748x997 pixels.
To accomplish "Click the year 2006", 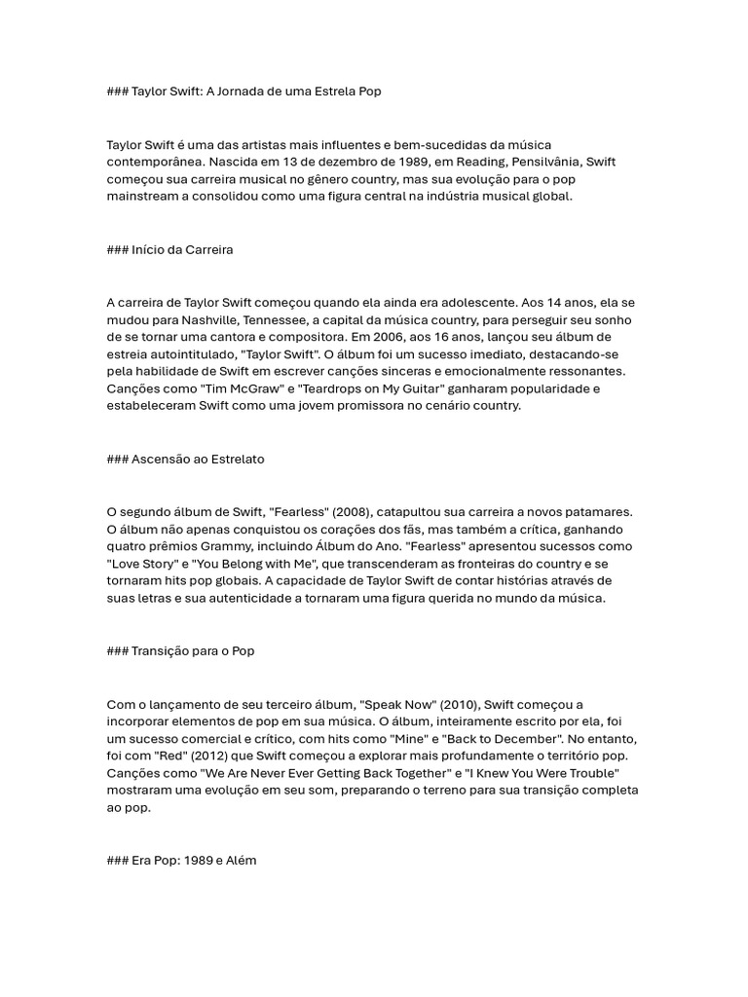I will [x=381, y=338].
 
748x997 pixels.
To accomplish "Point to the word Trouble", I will [x=587, y=774].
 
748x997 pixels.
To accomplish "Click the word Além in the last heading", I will [x=239, y=862].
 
